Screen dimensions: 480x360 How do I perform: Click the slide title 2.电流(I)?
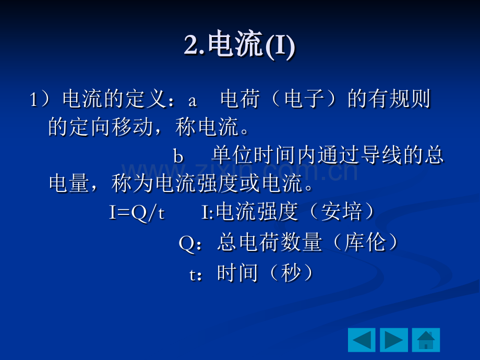[x=239, y=44]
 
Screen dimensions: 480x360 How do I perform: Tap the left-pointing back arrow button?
[x=362, y=340]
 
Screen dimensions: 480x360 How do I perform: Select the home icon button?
[x=426, y=340]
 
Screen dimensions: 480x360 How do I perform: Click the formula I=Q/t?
[x=137, y=212]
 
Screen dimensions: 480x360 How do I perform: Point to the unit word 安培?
[x=342, y=211]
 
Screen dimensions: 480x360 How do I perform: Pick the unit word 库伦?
[x=365, y=242]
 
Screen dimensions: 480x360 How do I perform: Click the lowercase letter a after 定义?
[x=193, y=101]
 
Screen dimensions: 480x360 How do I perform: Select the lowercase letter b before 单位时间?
[x=178, y=155]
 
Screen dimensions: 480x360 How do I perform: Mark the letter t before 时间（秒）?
[x=193, y=274]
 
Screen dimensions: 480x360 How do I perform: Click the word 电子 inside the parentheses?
[x=304, y=99]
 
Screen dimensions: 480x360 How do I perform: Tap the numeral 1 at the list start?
[x=33, y=100]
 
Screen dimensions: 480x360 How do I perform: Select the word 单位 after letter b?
[x=232, y=155]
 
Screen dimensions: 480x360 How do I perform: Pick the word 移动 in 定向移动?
[x=132, y=127]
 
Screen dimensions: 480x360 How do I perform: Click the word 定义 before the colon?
[x=146, y=99]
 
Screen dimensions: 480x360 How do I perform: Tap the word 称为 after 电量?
[x=132, y=183]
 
